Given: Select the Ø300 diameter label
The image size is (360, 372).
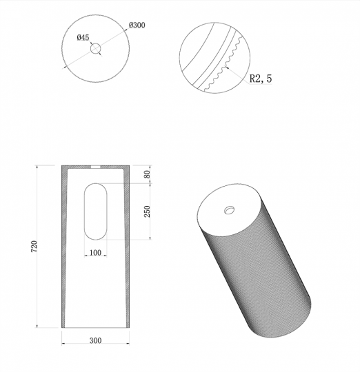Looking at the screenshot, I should [x=137, y=25].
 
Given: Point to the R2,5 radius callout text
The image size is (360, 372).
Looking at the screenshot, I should [x=260, y=79].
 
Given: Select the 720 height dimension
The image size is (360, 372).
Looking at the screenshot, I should [x=43, y=247].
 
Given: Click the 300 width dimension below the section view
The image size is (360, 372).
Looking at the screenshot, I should [x=95, y=340].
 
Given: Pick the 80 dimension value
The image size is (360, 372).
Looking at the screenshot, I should [x=146, y=175].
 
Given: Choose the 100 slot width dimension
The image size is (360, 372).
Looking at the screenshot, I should [x=95, y=253].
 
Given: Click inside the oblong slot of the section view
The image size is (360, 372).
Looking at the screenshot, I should [x=95, y=211].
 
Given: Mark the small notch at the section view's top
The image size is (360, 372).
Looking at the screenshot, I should [x=95, y=167].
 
